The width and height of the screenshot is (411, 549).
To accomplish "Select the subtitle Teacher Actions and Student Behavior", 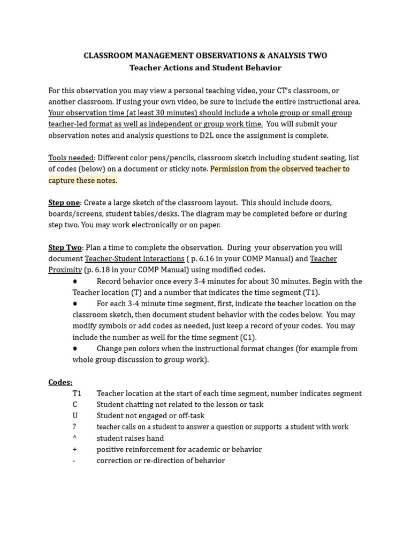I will tap(205, 68).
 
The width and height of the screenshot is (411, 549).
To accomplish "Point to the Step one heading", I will tap(64, 203).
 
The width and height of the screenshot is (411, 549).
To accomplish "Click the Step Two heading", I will tap(65, 248).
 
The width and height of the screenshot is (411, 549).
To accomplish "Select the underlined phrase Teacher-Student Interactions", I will tap(134, 259).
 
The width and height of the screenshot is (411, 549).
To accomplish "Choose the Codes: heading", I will tap(60, 382).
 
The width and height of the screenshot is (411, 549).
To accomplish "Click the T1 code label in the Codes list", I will tap(77, 394).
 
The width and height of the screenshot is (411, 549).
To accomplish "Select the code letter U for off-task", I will tap(75, 416).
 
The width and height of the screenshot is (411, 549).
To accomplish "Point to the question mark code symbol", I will tap(74, 427).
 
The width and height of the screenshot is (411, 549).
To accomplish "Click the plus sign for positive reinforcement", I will tap(74, 450).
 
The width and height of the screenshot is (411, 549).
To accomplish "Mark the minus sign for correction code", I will tap(74, 461).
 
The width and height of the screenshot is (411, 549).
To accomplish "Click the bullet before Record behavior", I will tap(75, 281).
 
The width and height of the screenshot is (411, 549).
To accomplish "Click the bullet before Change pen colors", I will tap(75, 349).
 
